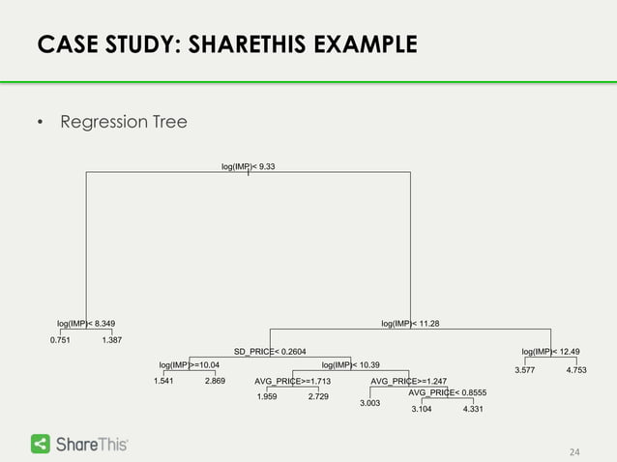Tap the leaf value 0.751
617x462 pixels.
tap(60, 340)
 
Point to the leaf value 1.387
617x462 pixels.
tap(112, 340)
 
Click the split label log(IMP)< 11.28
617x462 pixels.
tap(410, 323)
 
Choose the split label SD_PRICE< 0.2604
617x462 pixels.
tap(270, 351)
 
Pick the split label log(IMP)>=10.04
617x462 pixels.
tap(190, 364)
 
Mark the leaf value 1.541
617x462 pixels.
tap(163, 382)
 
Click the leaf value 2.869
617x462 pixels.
tap(215, 382)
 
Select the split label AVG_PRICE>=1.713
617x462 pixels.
tap(292, 381)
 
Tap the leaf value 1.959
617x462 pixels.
tap(266, 397)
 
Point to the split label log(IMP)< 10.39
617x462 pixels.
tap(350, 364)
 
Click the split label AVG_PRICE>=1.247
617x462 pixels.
tap(408, 381)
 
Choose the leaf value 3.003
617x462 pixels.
tap(369, 403)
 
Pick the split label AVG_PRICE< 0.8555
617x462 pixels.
tap(447, 392)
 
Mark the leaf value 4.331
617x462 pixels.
tap(473, 410)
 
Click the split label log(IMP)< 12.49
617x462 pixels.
tap(551, 351)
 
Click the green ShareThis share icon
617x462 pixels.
tap(42, 444)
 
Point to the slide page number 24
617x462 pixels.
tap(574, 451)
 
